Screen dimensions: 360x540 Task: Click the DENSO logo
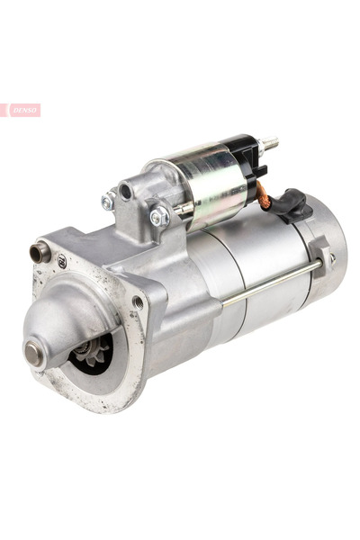21,110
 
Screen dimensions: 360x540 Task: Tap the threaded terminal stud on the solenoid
270,141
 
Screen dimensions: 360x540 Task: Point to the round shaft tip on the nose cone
33,352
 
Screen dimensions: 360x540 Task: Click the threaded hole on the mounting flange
138,302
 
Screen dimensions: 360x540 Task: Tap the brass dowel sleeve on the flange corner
39,252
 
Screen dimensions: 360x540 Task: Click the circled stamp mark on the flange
62,261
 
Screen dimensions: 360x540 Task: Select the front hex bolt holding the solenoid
159,216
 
